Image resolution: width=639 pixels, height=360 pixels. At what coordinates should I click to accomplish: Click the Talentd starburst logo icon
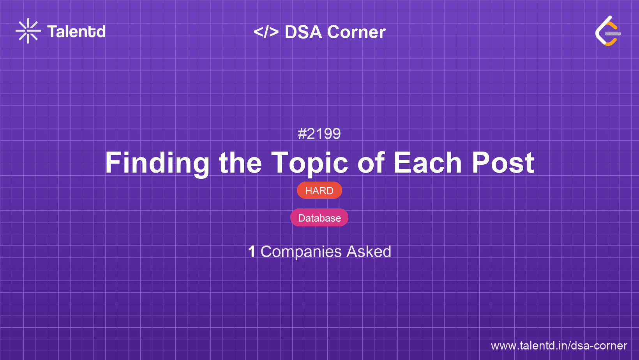click(28, 31)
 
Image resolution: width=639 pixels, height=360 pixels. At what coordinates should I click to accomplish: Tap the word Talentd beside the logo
click(76, 32)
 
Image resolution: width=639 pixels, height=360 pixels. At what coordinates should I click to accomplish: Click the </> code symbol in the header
click(266, 32)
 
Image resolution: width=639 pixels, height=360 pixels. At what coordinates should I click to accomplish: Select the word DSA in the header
click(303, 32)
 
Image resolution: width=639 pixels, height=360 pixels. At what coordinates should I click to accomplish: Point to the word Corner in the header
click(356, 32)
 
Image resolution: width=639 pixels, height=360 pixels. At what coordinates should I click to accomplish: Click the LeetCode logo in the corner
click(608, 31)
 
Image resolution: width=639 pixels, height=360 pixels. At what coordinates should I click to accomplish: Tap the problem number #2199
click(319, 134)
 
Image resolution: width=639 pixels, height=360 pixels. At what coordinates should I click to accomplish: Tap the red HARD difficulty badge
click(319, 190)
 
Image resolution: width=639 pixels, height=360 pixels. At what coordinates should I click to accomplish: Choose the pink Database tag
click(319, 218)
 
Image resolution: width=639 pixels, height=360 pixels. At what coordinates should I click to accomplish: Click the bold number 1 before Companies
click(251, 252)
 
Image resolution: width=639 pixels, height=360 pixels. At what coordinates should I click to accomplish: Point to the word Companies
click(301, 252)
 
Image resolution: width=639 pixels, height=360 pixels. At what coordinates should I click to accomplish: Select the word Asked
click(369, 252)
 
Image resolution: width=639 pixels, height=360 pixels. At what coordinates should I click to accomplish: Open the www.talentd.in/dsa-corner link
click(559, 346)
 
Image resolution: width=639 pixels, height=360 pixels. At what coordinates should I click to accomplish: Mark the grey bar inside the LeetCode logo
click(613, 34)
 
